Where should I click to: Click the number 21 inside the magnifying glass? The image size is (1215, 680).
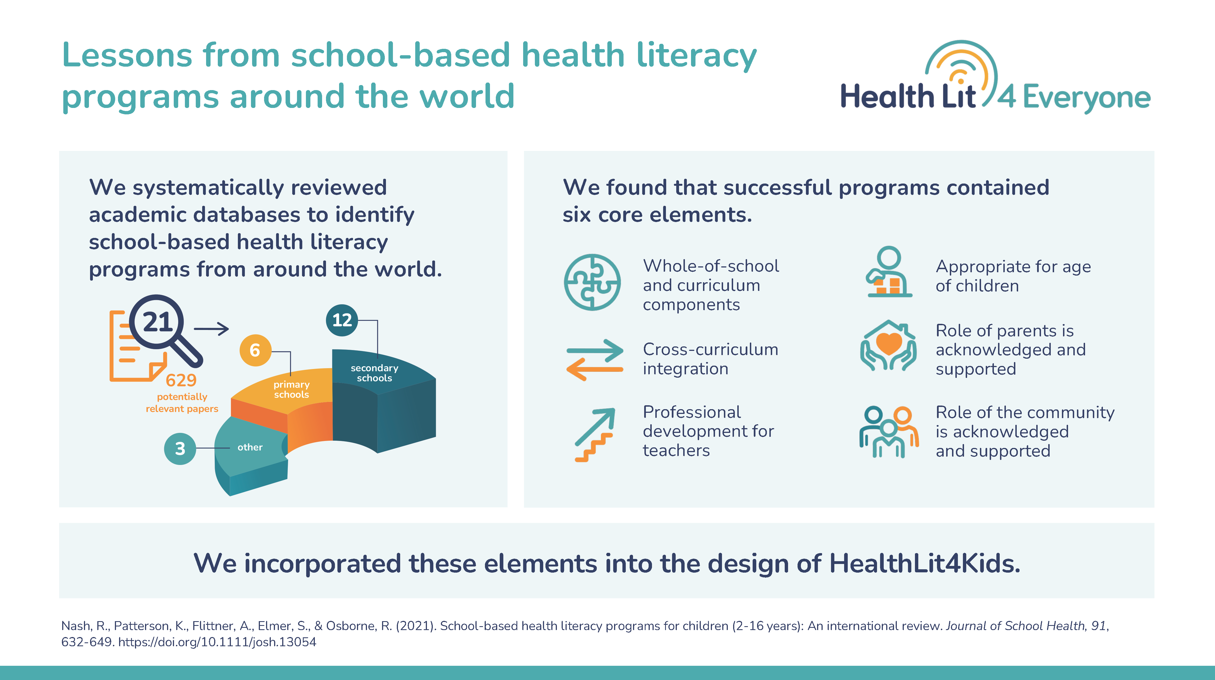click(157, 322)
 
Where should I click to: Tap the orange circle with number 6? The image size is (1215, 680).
click(255, 350)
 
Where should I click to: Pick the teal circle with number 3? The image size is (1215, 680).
click(180, 448)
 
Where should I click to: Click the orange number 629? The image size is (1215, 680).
click(181, 380)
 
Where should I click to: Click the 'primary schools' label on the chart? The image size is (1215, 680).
click(291, 389)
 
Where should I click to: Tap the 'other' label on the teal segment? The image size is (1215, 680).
click(250, 447)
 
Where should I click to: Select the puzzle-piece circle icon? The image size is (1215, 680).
click(592, 282)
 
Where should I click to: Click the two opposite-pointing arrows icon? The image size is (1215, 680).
click(595, 360)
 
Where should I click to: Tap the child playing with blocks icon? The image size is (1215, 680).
click(889, 272)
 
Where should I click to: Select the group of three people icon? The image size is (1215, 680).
click(889, 432)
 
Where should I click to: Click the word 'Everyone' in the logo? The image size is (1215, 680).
click(1086, 98)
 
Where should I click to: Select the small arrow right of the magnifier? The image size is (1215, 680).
click(211, 329)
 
